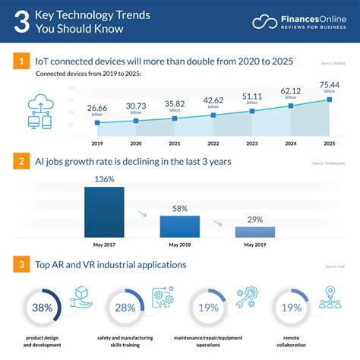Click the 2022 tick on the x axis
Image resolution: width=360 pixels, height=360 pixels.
(x=214, y=142)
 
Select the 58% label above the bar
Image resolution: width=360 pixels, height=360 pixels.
(x=179, y=207)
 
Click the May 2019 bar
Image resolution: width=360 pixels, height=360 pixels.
(x=255, y=232)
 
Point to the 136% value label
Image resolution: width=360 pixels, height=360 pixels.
(x=103, y=179)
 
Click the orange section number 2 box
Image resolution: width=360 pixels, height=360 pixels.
(x=23, y=161)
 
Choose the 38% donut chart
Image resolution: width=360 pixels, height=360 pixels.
(x=42, y=308)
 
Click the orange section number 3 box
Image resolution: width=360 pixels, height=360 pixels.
(x=23, y=264)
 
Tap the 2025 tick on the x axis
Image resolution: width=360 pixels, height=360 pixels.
(x=330, y=142)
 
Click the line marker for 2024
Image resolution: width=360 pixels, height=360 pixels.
(x=292, y=106)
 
